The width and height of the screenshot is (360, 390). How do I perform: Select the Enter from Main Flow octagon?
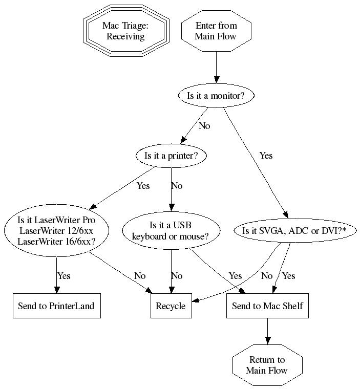tap(216, 31)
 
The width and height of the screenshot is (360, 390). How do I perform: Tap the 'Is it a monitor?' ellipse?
tap(216, 95)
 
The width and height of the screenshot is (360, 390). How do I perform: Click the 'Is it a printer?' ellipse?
tap(171, 156)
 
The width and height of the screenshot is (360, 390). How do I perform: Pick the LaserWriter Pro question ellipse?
tap(56, 231)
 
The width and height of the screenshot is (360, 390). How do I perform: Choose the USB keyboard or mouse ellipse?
tap(170, 231)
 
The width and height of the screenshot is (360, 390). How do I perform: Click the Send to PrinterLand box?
tap(56, 306)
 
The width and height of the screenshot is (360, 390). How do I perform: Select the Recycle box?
tap(170, 306)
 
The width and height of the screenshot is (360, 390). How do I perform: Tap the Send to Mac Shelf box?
tap(267, 306)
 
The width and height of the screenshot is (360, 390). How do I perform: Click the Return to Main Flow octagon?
tap(267, 365)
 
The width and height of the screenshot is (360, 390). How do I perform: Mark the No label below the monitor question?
tap(204, 126)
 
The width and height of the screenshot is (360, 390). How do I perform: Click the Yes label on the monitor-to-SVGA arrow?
tap(266, 156)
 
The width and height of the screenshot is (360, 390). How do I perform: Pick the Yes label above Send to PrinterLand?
tap(63, 276)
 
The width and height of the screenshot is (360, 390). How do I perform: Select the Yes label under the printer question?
tap(143, 186)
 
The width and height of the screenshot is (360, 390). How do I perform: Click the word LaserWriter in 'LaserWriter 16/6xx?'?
tap(38, 241)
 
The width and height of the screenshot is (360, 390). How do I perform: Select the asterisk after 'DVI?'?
tap(344, 231)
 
